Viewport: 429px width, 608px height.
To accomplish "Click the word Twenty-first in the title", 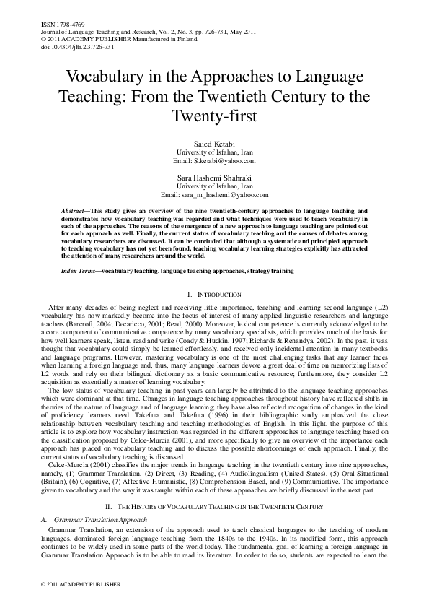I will tap(214, 115).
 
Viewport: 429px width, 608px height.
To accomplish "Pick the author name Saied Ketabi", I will tap(214, 144).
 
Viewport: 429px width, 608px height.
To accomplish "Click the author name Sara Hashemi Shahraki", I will tap(214, 177).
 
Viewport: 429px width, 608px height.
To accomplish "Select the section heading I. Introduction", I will tap(214, 295).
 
